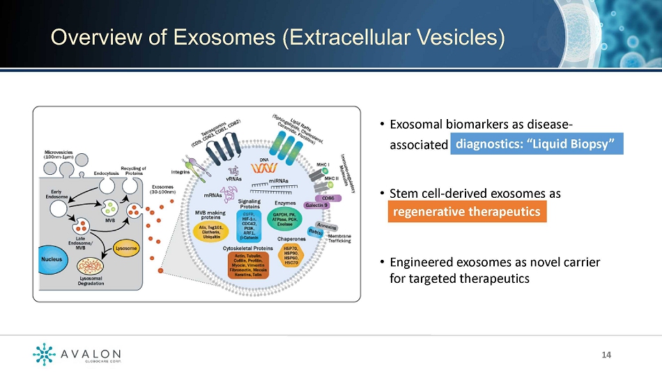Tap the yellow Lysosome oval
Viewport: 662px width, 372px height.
125,248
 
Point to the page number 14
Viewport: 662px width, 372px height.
606,355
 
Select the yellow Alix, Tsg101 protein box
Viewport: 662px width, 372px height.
212,230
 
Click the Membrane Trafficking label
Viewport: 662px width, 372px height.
339,240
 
